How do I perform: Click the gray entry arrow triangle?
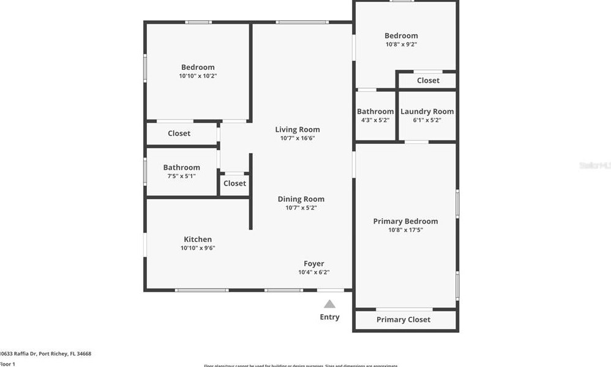tap(329, 304)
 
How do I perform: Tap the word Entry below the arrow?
tap(329, 317)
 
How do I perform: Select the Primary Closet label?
tap(403, 319)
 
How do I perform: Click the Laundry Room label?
tap(427, 112)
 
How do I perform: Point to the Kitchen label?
tap(198, 240)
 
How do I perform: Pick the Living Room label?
tap(297, 129)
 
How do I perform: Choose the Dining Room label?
tap(301, 199)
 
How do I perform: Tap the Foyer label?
tap(313, 263)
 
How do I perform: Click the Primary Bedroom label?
tap(405, 221)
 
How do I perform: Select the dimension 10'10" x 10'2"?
tap(198, 76)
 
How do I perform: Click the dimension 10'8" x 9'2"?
tap(401, 44)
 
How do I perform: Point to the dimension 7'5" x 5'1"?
tap(181, 176)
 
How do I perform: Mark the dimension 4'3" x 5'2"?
tap(375, 120)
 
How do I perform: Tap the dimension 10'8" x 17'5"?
tap(405, 230)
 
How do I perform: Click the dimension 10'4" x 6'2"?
tap(313, 272)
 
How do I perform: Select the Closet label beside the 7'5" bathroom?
tap(234, 183)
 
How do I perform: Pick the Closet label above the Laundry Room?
tap(428, 80)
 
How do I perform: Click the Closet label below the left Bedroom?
tap(179, 133)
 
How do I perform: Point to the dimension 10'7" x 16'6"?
tap(297, 138)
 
